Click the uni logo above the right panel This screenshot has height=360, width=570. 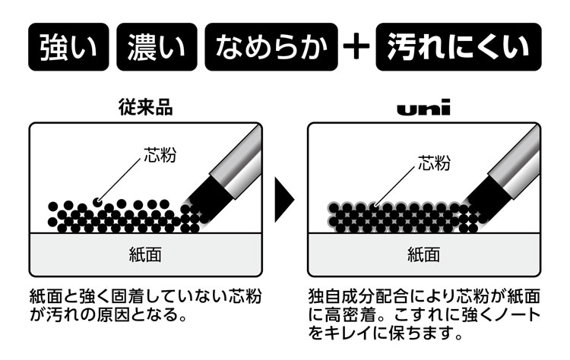(423, 109)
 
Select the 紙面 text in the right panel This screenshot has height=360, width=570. (423, 254)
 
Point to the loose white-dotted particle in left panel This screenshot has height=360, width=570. (97, 202)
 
